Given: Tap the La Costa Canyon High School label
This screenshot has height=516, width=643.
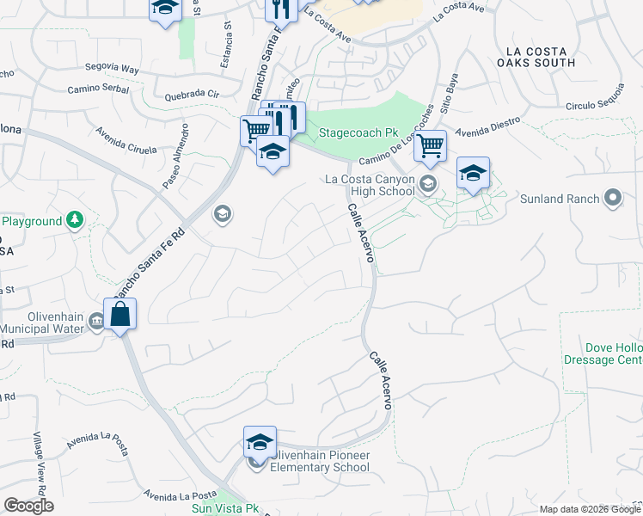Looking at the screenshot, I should coord(370,185).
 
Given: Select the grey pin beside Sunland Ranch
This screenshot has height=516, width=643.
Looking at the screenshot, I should coord(612,199).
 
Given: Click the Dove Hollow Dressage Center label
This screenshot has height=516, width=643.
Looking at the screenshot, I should coord(603,353).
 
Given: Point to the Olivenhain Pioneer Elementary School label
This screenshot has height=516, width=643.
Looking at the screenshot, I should coord(320,461).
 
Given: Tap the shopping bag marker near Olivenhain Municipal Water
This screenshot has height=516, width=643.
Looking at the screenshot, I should coord(121,314).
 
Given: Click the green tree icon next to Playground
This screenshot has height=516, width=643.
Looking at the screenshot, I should coord(76,221).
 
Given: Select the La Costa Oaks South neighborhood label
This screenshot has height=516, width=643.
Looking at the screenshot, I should coord(536,56).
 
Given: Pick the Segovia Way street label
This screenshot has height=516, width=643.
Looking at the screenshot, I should coord(112,68).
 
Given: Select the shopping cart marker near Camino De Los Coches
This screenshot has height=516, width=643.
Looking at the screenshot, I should coord(430,145).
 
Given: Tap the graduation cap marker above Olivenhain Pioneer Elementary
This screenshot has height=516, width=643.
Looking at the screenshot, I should coord(260,442).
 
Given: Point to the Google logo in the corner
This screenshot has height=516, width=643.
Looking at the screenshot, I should coord(28,506).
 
